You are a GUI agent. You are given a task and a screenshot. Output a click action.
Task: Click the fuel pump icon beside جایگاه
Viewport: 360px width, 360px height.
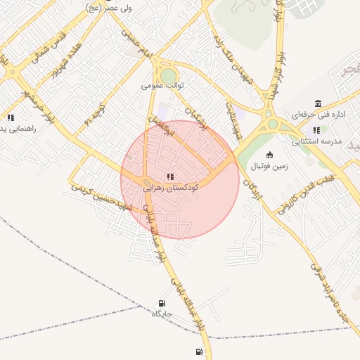pos(162,304)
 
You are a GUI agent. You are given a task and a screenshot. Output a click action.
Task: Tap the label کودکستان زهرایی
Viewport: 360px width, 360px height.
pos(170,188)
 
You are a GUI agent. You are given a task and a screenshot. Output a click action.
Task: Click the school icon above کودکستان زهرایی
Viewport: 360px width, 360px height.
pos(169,176)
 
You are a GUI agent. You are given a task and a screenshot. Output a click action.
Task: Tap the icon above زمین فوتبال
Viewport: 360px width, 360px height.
pos(270,155)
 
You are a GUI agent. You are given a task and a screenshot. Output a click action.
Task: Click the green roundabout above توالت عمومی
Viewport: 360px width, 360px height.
pos(168,76)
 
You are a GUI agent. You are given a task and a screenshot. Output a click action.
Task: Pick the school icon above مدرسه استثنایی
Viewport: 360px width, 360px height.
pos(316,130)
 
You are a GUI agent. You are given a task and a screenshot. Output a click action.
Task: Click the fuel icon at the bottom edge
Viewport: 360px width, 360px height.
pos(199,352)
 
